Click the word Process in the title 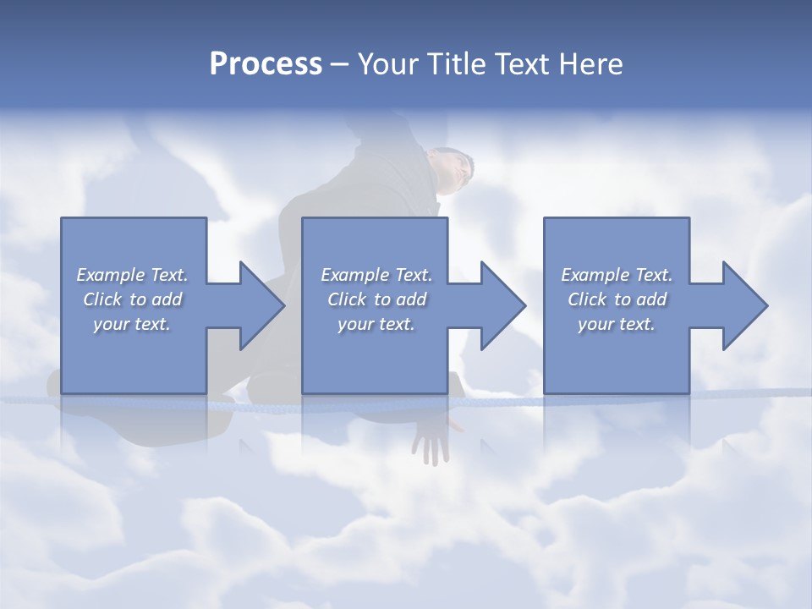pos(266,64)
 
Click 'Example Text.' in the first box pos(132,275)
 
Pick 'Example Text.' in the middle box pos(376,275)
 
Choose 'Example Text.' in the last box pos(617,275)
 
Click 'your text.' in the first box pos(132,324)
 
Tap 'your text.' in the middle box pos(376,324)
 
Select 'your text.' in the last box pos(617,324)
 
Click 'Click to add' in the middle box pos(376,299)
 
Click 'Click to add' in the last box pos(617,299)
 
